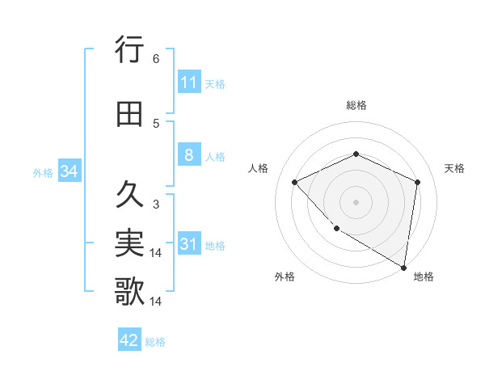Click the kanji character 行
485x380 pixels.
[129, 50]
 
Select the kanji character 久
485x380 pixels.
[129, 195]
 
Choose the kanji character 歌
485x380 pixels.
[129, 292]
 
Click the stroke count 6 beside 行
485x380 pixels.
[156, 59]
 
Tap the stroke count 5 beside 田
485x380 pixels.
[156, 124]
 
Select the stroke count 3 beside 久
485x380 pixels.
[156, 204]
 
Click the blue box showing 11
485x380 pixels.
[188, 82]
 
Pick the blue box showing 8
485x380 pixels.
[188, 155]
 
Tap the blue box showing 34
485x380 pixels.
[69, 171]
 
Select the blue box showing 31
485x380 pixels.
[188, 245]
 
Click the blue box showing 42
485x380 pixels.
[129, 340]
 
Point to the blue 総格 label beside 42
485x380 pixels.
[155, 342]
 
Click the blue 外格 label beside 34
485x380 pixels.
[43, 173]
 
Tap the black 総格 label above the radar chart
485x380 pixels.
[356, 105]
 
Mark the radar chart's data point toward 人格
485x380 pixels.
[295, 182]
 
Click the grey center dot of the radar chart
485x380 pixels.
[356, 201]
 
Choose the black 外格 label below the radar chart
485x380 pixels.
[285, 277]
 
